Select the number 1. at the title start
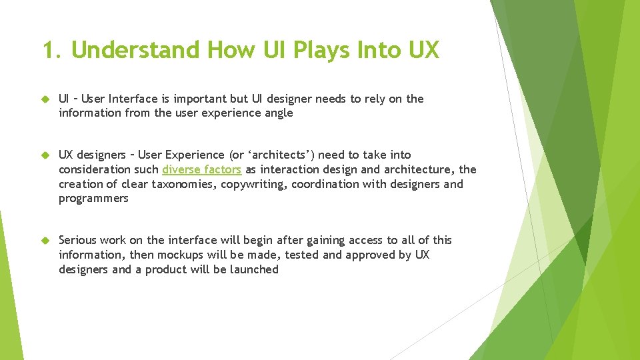(53, 50)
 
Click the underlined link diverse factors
(201, 169)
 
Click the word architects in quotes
(255, 155)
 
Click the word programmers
(93, 199)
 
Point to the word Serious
(78, 240)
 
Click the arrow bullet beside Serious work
(45, 240)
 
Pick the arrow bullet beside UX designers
(45, 155)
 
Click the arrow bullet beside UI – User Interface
(45, 99)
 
